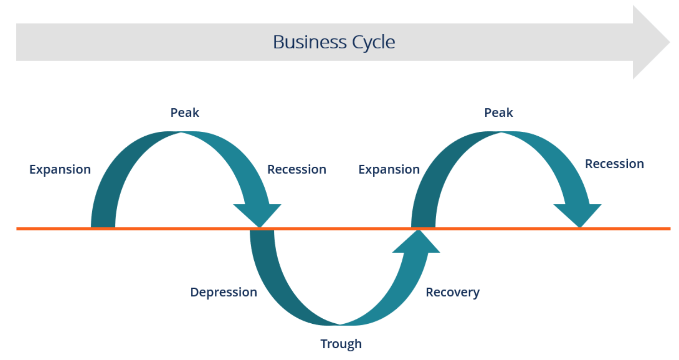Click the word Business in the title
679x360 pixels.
pyautogui.click(x=309, y=42)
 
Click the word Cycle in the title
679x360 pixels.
pyautogui.click(x=374, y=42)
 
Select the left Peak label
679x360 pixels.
pyautogui.click(x=184, y=113)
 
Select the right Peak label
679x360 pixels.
pyautogui.click(x=498, y=113)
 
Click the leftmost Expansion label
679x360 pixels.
pyautogui.click(x=60, y=169)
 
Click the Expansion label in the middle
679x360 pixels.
pyautogui.click(x=389, y=169)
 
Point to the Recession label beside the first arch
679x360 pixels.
pyautogui.click(x=297, y=169)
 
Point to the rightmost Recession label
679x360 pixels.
pyautogui.click(x=614, y=164)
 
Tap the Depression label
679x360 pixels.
pyautogui.click(x=223, y=292)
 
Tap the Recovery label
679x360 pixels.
pyautogui.click(x=452, y=292)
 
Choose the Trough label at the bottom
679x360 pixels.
pyautogui.click(x=341, y=344)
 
